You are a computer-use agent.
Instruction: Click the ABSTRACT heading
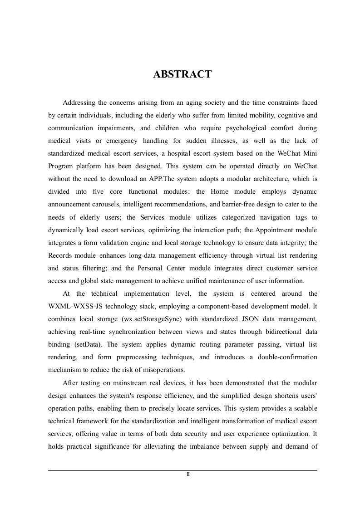[182, 74]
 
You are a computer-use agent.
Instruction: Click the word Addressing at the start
[79, 103]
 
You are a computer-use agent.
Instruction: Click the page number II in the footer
[188, 475]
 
